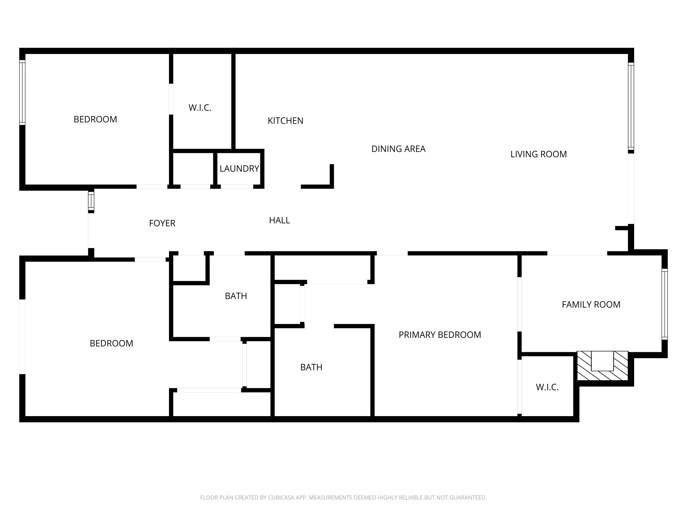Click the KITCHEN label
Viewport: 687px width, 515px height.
click(x=285, y=121)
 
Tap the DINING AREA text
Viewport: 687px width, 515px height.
click(x=398, y=149)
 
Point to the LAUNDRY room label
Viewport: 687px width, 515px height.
click(x=239, y=168)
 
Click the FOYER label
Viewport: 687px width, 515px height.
click(x=162, y=223)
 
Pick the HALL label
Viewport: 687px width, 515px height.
click(x=279, y=220)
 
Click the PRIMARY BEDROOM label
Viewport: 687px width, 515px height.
click(x=439, y=335)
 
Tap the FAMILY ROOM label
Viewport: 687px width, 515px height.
click(x=591, y=304)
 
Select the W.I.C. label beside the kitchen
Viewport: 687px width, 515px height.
click(x=200, y=108)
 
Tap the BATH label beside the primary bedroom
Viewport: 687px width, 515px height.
click(x=311, y=367)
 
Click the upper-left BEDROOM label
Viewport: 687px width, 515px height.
click(x=95, y=119)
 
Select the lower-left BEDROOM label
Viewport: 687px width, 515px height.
click(x=111, y=343)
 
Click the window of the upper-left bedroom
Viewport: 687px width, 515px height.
click(x=22, y=92)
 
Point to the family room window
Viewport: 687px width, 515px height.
click(x=664, y=304)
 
